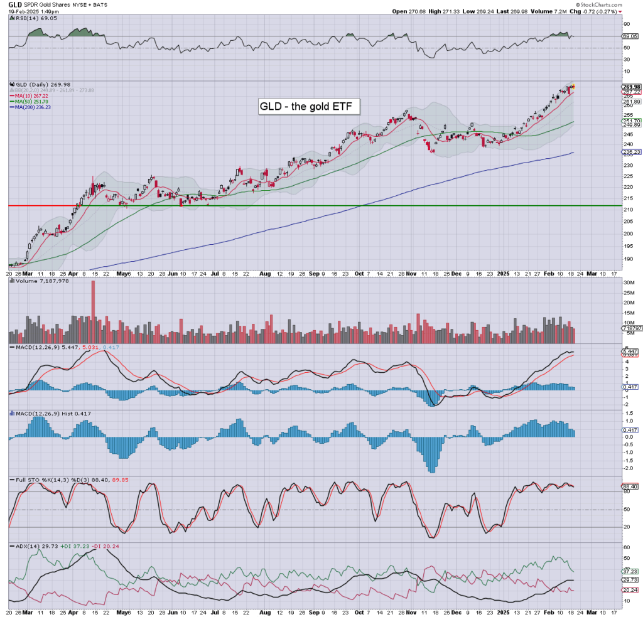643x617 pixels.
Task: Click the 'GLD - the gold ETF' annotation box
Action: tap(309, 107)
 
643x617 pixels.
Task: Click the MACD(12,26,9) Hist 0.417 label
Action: tap(45, 414)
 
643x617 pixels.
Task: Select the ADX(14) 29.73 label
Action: tap(26, 547)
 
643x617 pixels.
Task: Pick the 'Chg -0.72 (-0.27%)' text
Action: tap(593, 11)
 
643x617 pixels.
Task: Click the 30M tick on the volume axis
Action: tap(629, 282)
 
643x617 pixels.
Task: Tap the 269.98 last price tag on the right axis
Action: tap(630, 87)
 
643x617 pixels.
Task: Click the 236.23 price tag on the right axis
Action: tap(630, 152)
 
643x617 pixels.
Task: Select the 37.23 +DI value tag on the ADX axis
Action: tap(630, 572)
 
